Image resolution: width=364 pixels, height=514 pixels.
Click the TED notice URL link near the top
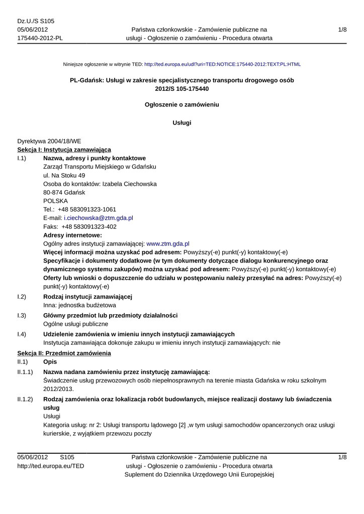click(222, 65)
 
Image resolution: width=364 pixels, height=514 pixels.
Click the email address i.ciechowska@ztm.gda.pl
click(98, 218)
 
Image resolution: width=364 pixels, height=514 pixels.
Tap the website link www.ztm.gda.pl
click(167, 243)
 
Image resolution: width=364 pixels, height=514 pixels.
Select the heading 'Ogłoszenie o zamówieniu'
click(182, 105)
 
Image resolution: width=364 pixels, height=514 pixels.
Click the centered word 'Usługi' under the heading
click(182, 122)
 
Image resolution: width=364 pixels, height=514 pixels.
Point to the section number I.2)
click(22, 297)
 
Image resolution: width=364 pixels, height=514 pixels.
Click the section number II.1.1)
click(25, 371)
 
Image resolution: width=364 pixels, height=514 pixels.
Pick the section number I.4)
click(22, 334)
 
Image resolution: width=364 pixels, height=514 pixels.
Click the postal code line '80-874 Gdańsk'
click(64, 192)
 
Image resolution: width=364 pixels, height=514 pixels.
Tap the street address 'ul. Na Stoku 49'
click(64, 175)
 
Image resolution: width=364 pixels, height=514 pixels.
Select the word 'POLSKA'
click(55, 201)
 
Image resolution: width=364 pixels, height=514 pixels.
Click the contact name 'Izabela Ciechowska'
click(129, 184)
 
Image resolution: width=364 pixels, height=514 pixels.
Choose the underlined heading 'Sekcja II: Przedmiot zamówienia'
click(64, 353)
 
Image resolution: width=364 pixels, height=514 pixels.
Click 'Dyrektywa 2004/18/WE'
click(49, 141)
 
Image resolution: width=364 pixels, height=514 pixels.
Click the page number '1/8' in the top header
click(342, 30)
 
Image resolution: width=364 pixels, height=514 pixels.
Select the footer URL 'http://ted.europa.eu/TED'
click(51, 466)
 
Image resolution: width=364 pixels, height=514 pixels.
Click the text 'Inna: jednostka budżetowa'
click(80, 305)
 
